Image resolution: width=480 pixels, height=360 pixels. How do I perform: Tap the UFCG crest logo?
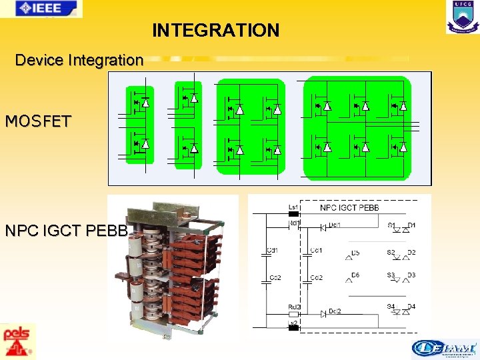tap(462, 17)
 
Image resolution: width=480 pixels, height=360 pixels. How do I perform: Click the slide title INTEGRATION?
tap(215, 31)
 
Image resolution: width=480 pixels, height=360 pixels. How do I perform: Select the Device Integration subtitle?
tap(79, 60)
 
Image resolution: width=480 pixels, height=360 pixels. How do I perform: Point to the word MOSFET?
tap(38, 121)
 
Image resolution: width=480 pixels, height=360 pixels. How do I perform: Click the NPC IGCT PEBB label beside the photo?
tap(65, 231)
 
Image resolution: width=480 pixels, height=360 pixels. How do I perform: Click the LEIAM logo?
tap(444, 349)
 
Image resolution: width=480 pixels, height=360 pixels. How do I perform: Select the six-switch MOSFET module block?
tap(357, 127)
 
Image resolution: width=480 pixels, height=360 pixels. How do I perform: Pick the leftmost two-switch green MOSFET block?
tap(140, 124)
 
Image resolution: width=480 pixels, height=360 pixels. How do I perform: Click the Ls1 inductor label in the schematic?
tap(293, 207)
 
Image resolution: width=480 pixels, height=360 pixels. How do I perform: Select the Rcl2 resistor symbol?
tap(293, 313)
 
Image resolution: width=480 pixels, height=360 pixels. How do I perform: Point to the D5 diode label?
tap(355, 253)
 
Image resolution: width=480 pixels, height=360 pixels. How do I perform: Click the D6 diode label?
tap(355, 275)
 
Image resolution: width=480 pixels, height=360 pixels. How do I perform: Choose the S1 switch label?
tap(391, 225)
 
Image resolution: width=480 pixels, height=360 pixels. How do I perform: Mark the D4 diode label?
tap(411, 307)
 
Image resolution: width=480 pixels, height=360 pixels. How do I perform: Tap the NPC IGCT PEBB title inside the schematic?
tap(349, 207)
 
